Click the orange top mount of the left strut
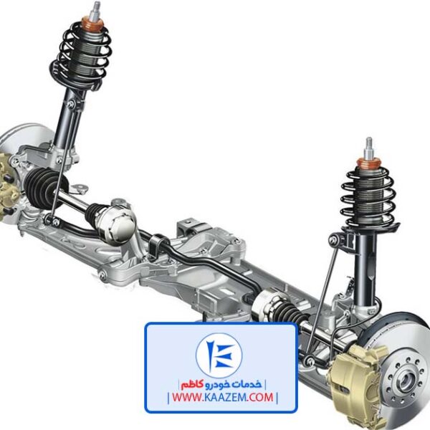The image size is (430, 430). pyautogui.click(x=92, y=24)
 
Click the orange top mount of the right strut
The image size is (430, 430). pyautogui.click(x=369, y=163)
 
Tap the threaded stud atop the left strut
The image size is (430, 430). pyautogui.click(x=96, y=11)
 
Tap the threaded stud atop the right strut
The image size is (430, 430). pyautogui.click(x=369, y=148)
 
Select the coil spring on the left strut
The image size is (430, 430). pyautogui.click(x=81, y=55)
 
